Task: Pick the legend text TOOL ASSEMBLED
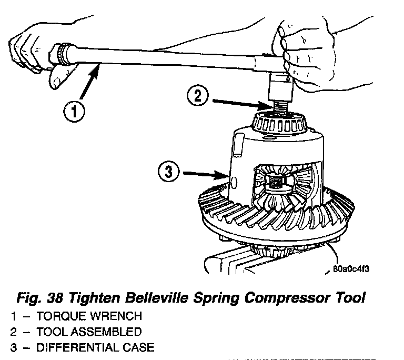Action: pyautogui.click(x=89, y=332)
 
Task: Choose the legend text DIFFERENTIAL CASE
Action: pyautogui.click(x=95, y=347)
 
